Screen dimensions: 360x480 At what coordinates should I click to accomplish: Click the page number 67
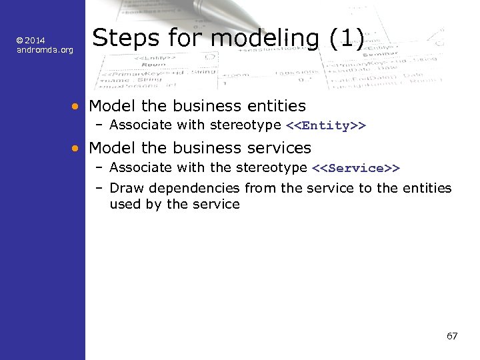coord(452,336)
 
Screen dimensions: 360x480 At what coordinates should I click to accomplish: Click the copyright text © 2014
coord(31,41)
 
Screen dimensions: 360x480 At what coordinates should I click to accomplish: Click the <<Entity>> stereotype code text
coord(325,126)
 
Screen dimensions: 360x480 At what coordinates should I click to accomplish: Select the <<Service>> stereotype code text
coord(355,169)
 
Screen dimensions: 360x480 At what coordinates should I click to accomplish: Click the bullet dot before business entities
coord(77,106)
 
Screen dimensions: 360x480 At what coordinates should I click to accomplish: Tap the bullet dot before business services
coord(77,148)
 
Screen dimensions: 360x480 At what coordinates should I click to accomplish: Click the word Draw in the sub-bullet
coord(125,189)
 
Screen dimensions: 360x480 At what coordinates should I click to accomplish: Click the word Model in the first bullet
coord(109,106)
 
